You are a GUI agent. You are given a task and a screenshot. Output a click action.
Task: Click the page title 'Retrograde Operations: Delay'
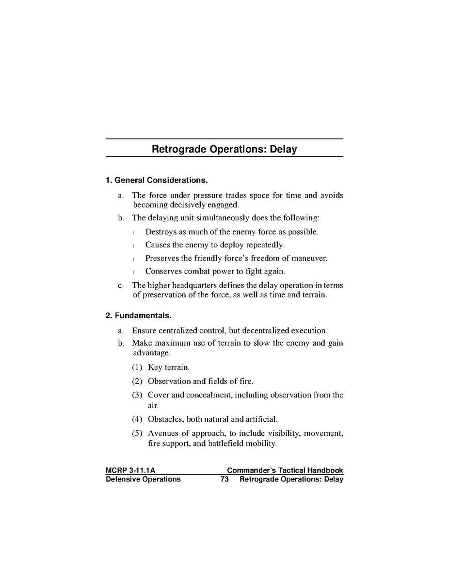224,149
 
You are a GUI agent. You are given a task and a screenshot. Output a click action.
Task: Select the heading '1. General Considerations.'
157,180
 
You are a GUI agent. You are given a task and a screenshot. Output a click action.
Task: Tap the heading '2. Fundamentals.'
138,316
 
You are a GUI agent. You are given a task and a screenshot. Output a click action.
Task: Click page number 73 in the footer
224,479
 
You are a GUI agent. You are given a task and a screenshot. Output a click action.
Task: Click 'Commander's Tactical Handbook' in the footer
285,470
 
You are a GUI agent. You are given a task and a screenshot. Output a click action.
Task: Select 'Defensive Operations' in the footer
143,479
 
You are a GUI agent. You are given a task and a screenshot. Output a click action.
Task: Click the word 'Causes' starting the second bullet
158,245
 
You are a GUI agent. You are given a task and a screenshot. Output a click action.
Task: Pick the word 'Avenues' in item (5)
162,433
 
